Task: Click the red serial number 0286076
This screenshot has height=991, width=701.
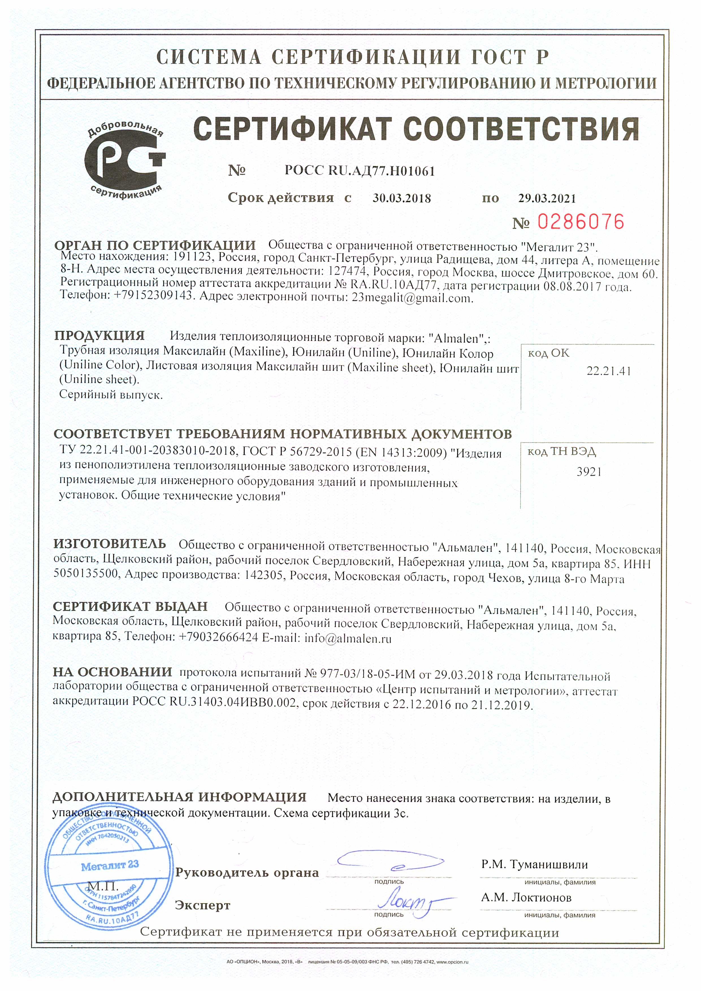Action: coord(581,222)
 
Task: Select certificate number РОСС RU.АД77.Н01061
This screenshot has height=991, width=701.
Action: coord(359,171)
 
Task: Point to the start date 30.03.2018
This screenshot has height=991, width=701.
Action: coord(401,198)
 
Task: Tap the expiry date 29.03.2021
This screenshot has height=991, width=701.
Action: coord(547,198)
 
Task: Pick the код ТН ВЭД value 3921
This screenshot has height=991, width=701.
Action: coord(589,472)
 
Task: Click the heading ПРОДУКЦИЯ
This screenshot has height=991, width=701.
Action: coord(99,335)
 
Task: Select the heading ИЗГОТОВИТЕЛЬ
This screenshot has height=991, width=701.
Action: coord(110,544)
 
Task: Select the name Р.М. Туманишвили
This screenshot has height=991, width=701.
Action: coord(535,864)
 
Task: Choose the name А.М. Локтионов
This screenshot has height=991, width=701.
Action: coord(526,898)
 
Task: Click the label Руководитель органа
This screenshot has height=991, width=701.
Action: coord(247,873)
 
